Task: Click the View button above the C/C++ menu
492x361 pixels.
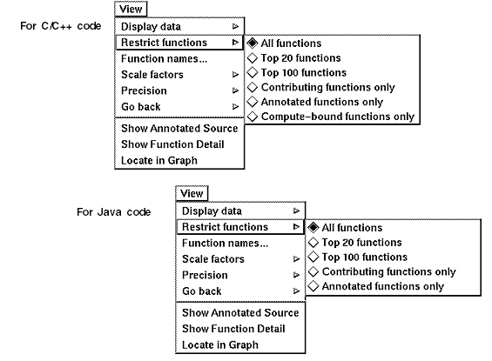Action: [131, 9]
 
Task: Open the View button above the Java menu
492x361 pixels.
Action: [192, 193]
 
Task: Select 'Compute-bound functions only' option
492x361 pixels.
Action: [338, 117]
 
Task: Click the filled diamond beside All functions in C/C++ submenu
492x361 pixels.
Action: [253, 43]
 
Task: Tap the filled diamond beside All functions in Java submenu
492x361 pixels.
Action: [313, 228]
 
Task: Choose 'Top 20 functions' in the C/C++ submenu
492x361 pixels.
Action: [300, 58]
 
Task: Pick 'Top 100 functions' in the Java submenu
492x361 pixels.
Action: [365, 257]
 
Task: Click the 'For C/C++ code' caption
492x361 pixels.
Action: [61, 26]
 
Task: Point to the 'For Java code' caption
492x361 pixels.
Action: [113, 212]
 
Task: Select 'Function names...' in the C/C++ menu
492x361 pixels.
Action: [164, 58]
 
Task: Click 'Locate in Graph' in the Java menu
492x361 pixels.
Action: [220, 344]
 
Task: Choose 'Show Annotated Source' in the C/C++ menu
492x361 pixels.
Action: [179, 128]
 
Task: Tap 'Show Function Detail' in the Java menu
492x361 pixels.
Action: [233, 329]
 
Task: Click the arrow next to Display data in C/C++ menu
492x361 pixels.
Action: [235, 26]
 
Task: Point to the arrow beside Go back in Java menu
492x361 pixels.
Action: [296, 291]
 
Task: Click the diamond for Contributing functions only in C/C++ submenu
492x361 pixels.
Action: [253, 87]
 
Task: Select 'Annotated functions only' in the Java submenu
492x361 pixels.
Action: [383, 286]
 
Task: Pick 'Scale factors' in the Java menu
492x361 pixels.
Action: [213, 259]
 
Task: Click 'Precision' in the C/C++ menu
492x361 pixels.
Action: [144, 90]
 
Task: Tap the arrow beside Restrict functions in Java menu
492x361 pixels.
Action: [296, 226]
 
